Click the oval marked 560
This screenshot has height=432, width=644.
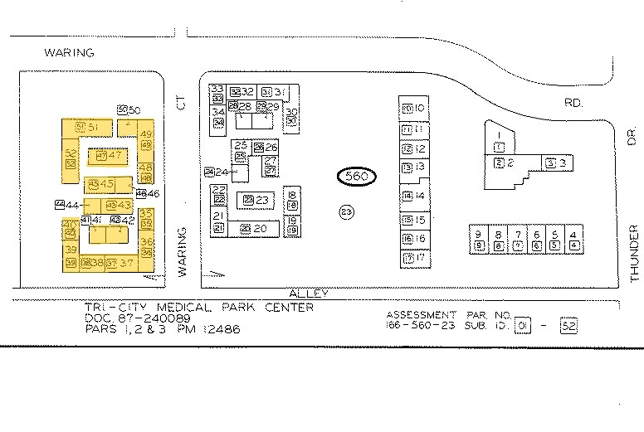click(x=357, y=177)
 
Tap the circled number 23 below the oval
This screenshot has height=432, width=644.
click(x=347, y=211)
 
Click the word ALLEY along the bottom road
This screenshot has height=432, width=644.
click(x=309, y=294)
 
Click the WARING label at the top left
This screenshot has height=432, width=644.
click(x=70, y=52)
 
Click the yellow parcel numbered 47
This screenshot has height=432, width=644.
click(x=109, y=155)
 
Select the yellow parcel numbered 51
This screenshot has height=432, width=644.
click(x=88, y=126)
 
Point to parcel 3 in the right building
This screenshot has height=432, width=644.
click(x=556, y=163)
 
